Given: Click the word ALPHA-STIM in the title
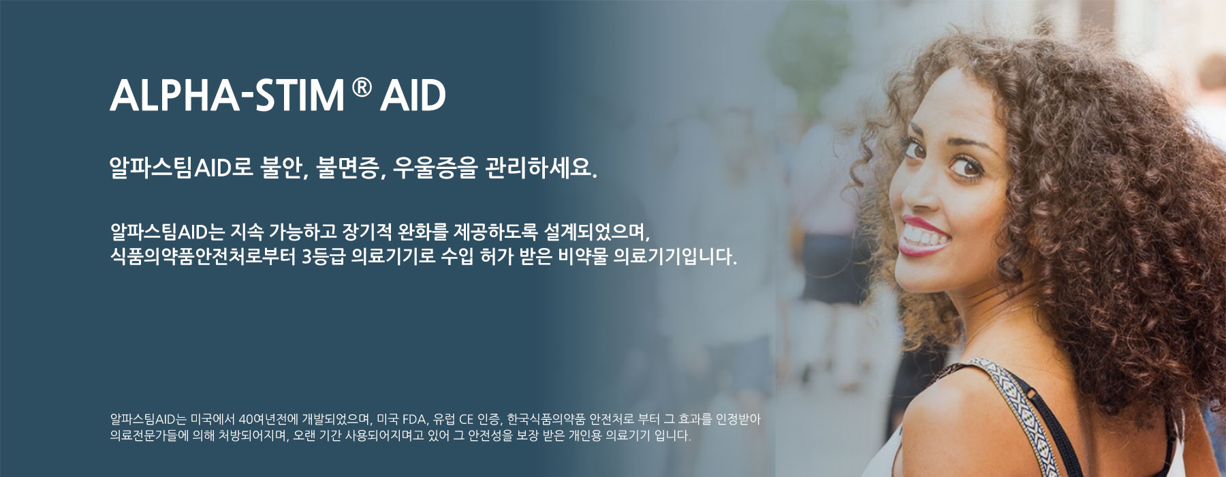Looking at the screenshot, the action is [227, 96].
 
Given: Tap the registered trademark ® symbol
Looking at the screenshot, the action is [363, 88].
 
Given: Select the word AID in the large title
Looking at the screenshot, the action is [413, 96].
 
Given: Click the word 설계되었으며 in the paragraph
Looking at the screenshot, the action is [598, 232].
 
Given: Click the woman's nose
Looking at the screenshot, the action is [917, 191].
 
